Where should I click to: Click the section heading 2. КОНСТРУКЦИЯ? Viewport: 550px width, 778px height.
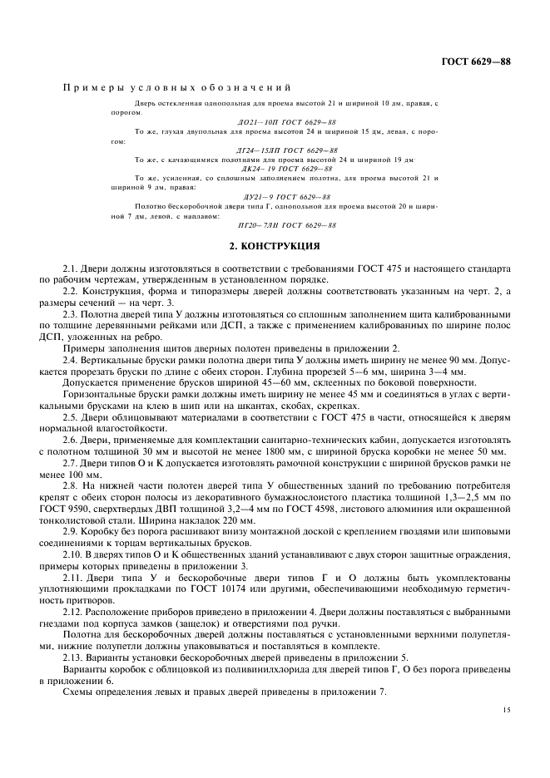click(x=275, y=247)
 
